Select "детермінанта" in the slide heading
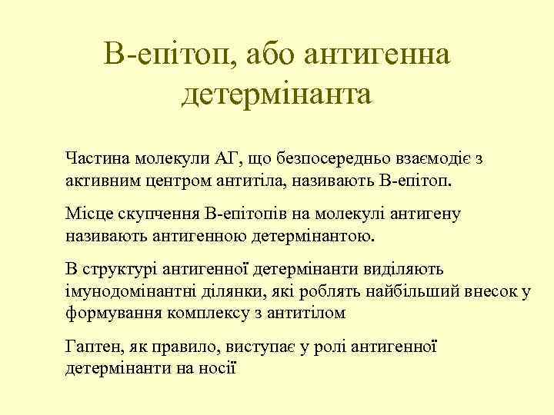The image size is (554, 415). point(277,95)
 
